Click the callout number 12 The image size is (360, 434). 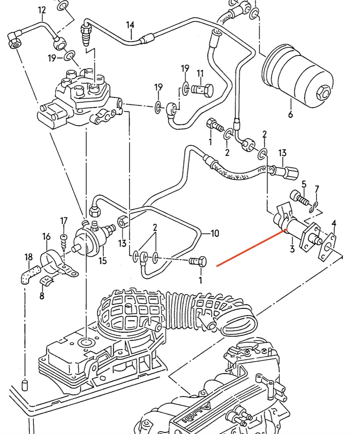pyautogui.click(x=42, y=10)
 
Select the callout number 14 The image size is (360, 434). pyautogui.click(x=130, y=25)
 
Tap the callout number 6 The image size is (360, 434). pyautogui.click(x=290, y=114)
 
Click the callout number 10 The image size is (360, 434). pyautogui.click(x=215, y=233)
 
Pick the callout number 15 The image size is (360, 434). pyautogui.click(x=102, y=260)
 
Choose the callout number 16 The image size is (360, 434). pyautogui.click(x=46, y=236)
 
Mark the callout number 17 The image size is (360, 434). pyautogui.click(x=64, y=221)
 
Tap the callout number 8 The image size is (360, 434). pyautogui.click(x=42, y=296)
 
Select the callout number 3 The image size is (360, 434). pyautogui.click(x=292, y=250)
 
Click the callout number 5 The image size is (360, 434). pyautogui.click(x=304, y=184)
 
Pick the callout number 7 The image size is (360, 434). pyautogui.click(x=317, y=189)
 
